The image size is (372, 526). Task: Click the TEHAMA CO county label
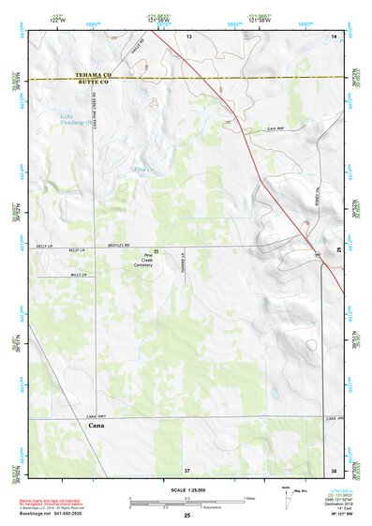tap(95, 75)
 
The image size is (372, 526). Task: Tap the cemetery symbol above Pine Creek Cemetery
tap(156, 251)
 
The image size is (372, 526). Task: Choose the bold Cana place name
tap(96, 426)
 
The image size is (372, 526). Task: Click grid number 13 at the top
tap(187, 35)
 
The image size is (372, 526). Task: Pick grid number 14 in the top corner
tap(333, 35)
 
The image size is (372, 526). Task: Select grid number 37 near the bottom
tap(187, 469)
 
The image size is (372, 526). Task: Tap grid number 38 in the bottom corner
tap(333, 469)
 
